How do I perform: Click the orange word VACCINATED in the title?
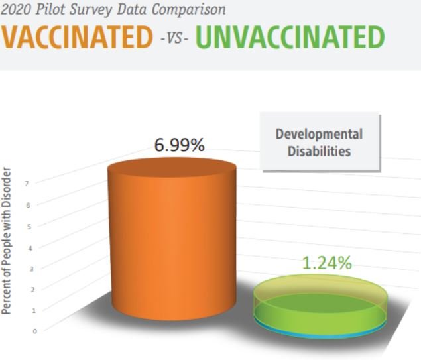pyautogui.click(x=76, y=36)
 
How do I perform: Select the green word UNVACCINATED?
pyautogui.click(x=290, y=36)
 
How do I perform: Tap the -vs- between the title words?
pyautogui.click(x=174, y=38)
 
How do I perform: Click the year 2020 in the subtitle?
pyautogui.click(x=17, y=9)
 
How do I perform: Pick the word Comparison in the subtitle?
pyautogui.click(x=189, y=10)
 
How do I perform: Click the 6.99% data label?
pyautogui.click(x=180, y=145)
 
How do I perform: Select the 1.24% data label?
pyautogui.click(x=327, y=263)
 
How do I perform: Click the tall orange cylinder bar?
pyautogui.click(x=172, y=239)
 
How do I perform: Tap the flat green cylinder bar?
pyautogui.click(x=320, y=306)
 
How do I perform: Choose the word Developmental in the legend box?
pyautogui.click(x=319, y=134)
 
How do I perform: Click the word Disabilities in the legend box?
pyautogui.click(x=320, y=151)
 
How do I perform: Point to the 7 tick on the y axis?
pyautogui.click(x=27, y=184)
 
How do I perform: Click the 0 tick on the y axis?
pyautogui.click(x=34, y=331)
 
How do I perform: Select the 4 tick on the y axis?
pyautogui.click(x=30, y=249)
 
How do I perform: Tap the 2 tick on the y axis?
pyautogui.click(x=32, y=290)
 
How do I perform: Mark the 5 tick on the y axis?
pyautogui.click(x=29, y=227)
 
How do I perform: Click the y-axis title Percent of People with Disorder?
pyautogui.click(x=6, y=241)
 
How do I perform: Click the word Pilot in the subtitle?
pyautogui.click(x=51, y=9)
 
